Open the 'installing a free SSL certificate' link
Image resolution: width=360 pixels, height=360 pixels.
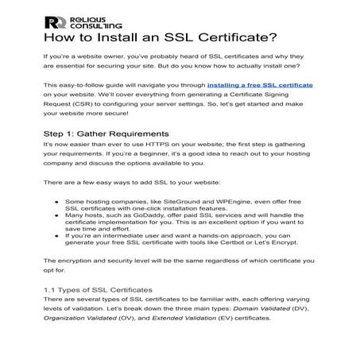point(259,83)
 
